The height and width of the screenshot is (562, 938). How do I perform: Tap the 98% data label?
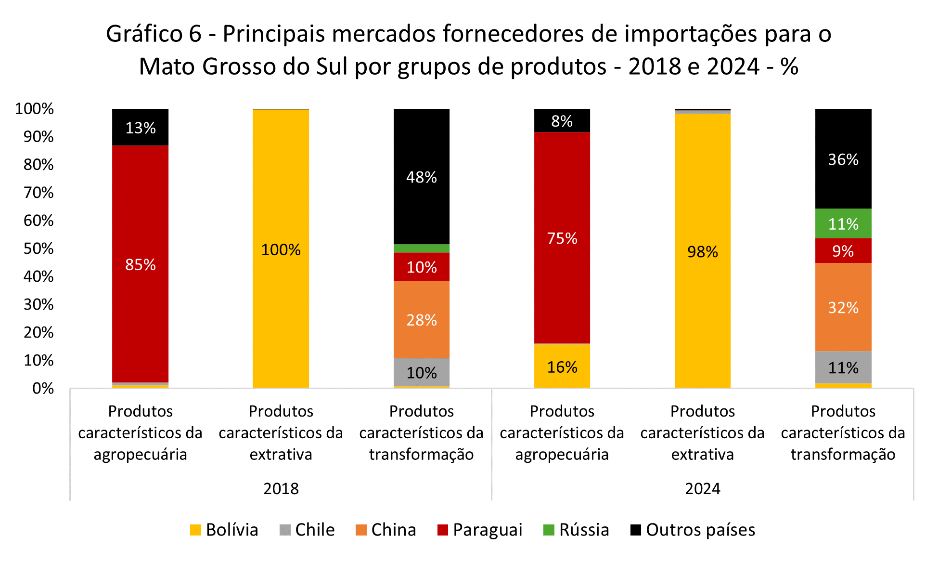[702, 251]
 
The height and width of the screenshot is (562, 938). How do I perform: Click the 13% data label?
[140, 128]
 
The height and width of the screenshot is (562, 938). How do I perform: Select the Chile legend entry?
[307, 530]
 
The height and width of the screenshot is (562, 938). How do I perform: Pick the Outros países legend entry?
[693, 530]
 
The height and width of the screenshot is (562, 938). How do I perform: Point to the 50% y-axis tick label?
[39, 248]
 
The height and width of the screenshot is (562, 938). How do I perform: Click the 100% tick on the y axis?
[34, 109]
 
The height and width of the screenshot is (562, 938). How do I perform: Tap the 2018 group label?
[281, 488]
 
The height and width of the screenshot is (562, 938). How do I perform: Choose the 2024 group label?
[702, 488]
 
